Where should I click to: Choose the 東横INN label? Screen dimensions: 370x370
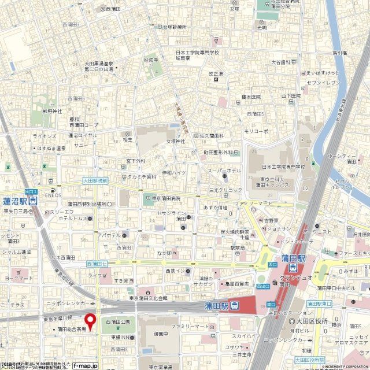121,338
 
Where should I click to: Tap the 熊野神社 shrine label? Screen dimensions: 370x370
51,110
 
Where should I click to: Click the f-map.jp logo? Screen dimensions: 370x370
85,365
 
